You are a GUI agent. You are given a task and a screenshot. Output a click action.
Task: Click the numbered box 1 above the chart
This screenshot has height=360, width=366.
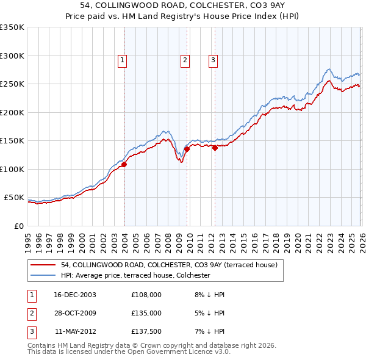click(123, 60)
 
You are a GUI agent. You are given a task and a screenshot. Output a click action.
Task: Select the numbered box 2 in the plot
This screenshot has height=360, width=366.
click(184, 60)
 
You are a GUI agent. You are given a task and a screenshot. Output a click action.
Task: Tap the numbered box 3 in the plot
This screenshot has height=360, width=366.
click(213, 60)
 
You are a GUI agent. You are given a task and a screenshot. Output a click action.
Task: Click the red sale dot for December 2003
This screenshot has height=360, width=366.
click(124, 164)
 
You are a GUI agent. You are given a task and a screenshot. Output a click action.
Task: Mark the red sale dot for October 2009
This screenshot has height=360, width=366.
click(187, 149)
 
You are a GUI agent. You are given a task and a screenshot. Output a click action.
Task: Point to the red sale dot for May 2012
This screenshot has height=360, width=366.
click(215, 148)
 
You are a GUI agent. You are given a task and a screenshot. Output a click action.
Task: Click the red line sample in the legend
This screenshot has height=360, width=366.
click(44, 265)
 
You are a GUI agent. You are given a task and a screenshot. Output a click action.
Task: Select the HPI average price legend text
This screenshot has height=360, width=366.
click(135, 276)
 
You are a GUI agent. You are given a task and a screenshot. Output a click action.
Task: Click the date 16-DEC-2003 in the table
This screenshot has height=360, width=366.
click(75, 294)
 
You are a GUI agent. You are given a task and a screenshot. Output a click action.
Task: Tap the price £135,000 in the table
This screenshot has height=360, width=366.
click(146, 313)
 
